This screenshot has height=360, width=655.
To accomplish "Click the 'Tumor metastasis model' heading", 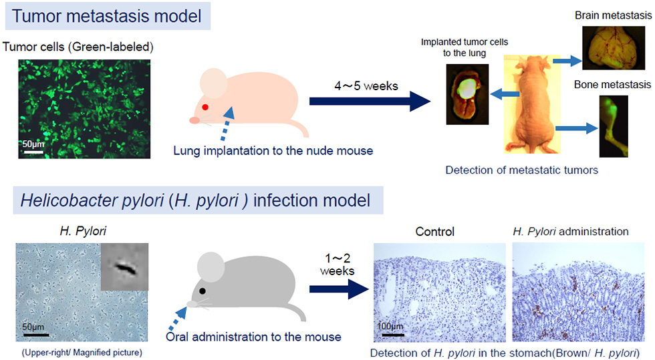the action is point(106,16).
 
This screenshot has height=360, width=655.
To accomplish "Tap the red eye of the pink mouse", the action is point(205,108).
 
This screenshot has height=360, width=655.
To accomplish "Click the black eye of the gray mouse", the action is point(203,291).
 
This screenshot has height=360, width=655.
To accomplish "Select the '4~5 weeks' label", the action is point(366,86).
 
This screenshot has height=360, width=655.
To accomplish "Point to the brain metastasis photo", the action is point(614,47).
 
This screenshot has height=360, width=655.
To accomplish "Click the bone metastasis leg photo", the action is point(614,126).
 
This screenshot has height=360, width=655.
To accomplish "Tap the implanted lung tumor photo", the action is point(467,94).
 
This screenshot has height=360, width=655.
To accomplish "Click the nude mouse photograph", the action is point(532,104).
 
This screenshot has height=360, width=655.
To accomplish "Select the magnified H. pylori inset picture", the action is point(124,266).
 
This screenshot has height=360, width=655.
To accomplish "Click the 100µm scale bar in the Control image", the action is point(393,335).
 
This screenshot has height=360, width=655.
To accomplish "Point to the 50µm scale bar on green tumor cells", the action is point(33,152).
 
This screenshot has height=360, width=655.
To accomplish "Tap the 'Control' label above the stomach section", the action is point(435,232).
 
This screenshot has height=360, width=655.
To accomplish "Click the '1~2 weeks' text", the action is point(337,264).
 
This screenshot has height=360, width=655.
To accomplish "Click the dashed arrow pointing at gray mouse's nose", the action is point(176,319).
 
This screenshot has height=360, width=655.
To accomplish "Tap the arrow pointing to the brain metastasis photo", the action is point(567,61).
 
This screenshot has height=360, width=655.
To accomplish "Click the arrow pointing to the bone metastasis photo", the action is point(577,128).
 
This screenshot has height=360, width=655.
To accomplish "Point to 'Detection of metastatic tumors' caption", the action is point(522,170).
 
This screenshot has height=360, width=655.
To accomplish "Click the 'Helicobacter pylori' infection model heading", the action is point(195,200).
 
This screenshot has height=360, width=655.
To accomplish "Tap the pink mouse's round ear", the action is point(213,83).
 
